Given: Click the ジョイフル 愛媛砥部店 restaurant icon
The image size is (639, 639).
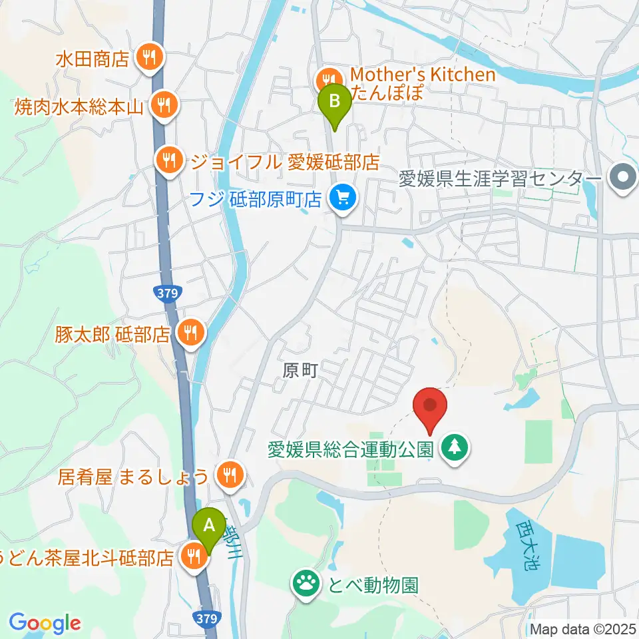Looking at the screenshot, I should pyautogui.click(x=170, y=160).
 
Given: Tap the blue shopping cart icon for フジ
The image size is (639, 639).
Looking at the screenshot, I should pyautogui.click(x=343, y=198).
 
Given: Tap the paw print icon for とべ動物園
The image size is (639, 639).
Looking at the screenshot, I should pyautogui.click(x=306, y=584).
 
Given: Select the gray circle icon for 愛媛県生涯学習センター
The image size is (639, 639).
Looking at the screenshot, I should pyautogui.click(x=623, y=178).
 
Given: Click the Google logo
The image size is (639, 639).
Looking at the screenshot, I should pyautogui.click(x=45, y=623).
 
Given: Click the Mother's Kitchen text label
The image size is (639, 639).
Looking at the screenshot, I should pyautogui.click(x=423, y=75).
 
